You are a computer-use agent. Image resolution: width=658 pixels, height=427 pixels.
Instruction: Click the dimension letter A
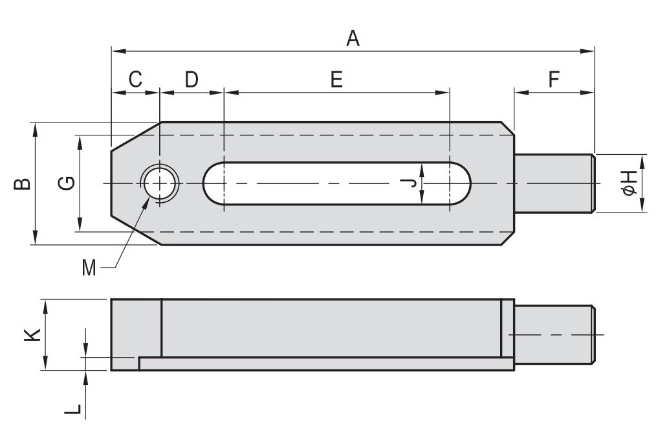pyautogui.click(x=353, y=39)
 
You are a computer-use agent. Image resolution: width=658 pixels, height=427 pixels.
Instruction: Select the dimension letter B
pyautogui.click(x=21, y=184)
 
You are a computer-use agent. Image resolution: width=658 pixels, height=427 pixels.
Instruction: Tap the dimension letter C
pyautogui.click(x=135, y=79)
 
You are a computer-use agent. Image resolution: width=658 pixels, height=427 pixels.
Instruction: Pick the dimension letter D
pyautogui.click(x=192, y=79)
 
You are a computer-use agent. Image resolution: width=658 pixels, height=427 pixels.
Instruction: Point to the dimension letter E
pyautogui.click(x=336, y=79)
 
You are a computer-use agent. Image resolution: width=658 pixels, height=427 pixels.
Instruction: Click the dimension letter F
pyautogui.click(x=554, y=79)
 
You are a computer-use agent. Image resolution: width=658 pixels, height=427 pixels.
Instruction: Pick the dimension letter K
pyautogui.click(x=33, y=334)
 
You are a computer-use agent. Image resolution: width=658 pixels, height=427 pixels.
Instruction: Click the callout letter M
pyautogui.click(x=89, y=266)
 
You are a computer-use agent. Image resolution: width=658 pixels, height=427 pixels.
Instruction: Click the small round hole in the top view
pyautogui.click(x=159, y=183)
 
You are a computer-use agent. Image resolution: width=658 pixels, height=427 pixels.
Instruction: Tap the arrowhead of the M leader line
pyautogui.click(x=148, y=200)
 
